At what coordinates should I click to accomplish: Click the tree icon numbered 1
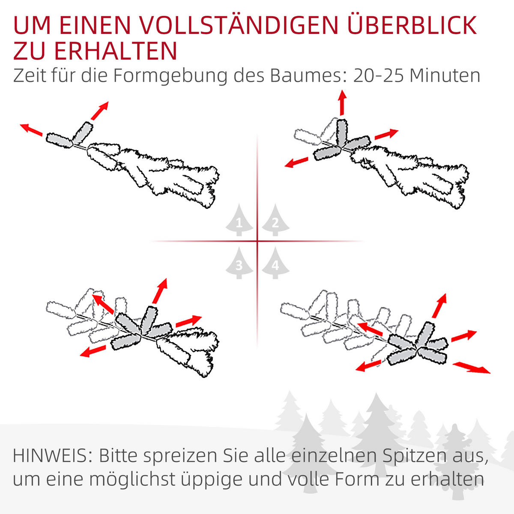point(239,221)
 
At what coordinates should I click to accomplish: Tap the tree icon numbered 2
point(275,221)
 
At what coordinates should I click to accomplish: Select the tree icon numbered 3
point(239,263)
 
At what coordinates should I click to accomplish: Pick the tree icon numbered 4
point(275,263)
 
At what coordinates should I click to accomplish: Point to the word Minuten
point(445,76)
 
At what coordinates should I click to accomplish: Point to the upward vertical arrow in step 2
point(342,102)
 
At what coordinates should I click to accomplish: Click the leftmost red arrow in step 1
point(31,129)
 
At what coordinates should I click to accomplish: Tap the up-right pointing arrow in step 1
point(99,111)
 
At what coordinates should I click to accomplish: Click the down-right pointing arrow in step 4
point(472,368)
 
